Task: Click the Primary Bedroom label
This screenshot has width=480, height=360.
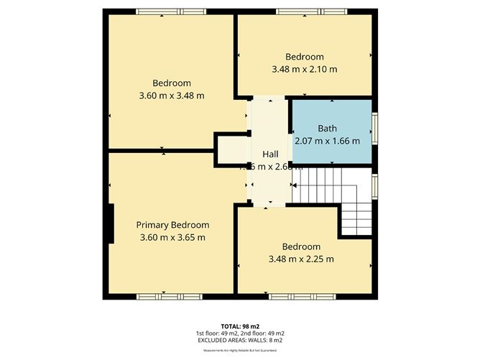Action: click(x=172, y=224)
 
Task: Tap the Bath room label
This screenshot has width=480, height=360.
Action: click(x=327, y=128)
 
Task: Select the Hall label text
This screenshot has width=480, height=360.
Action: click(x=270, y=154)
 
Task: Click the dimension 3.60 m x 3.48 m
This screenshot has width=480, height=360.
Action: click(x=171, y=96)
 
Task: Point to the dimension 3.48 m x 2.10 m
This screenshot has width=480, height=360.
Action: click(x=304, y=70)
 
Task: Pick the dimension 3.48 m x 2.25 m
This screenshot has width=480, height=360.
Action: click(x=301, y=259)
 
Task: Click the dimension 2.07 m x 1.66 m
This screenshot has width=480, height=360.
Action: click(x=327, y=140)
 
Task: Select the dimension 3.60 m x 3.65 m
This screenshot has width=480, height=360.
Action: click(x=172, y=237)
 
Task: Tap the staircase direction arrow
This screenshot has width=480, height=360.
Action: click(x=296, y=188)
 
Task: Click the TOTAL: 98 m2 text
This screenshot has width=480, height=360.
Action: click(x=240, y=326)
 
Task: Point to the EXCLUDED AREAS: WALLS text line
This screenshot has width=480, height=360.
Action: click(x=240, y=341)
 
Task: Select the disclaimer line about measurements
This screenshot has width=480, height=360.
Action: click(x=240, y=351)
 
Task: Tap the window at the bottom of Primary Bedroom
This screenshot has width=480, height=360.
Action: click(x=162, y=295)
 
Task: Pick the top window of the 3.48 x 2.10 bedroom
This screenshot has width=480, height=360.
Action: click(x=303, y=11)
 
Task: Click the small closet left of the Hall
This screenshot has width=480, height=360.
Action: click(x=231, y=151)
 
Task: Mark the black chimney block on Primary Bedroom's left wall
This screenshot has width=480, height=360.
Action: click(x=110, y=225)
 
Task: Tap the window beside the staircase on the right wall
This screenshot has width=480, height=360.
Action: click(x=374, y=185)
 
